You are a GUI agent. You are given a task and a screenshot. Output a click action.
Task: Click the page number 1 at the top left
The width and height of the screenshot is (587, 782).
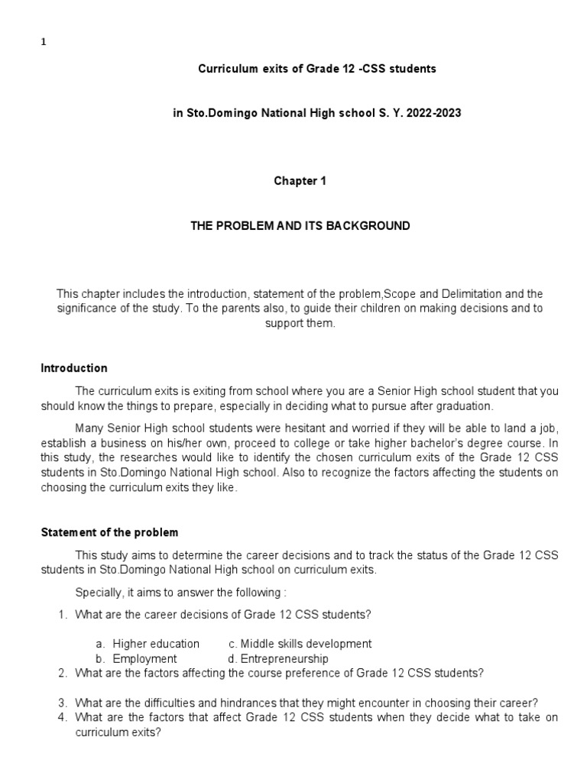43,43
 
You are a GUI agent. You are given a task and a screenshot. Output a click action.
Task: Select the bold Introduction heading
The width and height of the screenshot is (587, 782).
73,368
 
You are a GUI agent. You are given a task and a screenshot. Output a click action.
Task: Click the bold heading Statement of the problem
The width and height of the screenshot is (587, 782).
109,532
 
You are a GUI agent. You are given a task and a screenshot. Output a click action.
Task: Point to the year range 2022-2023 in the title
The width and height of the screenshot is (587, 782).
436,113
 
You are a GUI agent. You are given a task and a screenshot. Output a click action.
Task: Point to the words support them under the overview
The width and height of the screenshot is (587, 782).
300,323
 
